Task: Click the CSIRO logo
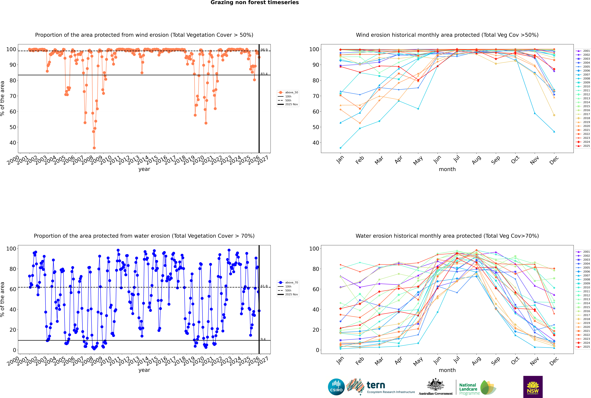[336, 387]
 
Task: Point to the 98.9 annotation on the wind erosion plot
[264, 50]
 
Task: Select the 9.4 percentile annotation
[263, 339]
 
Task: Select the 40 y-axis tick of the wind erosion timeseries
[13, 143]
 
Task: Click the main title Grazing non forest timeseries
[255, 3]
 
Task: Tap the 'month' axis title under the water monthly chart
[447, 370]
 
